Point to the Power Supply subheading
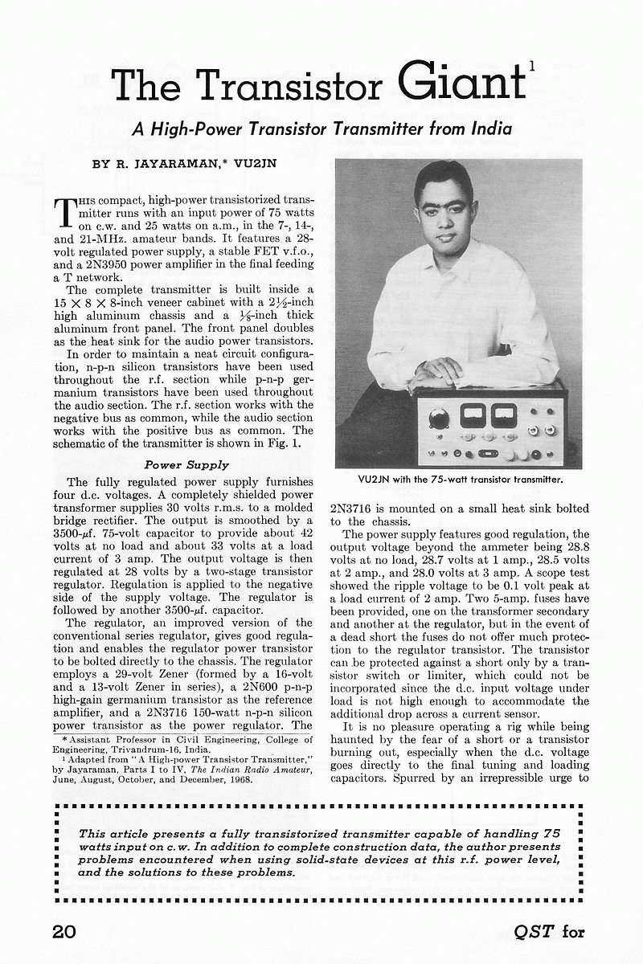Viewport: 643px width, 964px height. click(x=186, y=464)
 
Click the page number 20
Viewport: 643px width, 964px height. click(x=63, y=931)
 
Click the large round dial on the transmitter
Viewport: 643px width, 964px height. click(x=439, y=418)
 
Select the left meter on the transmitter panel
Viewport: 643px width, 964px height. click(x=473, y=415)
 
